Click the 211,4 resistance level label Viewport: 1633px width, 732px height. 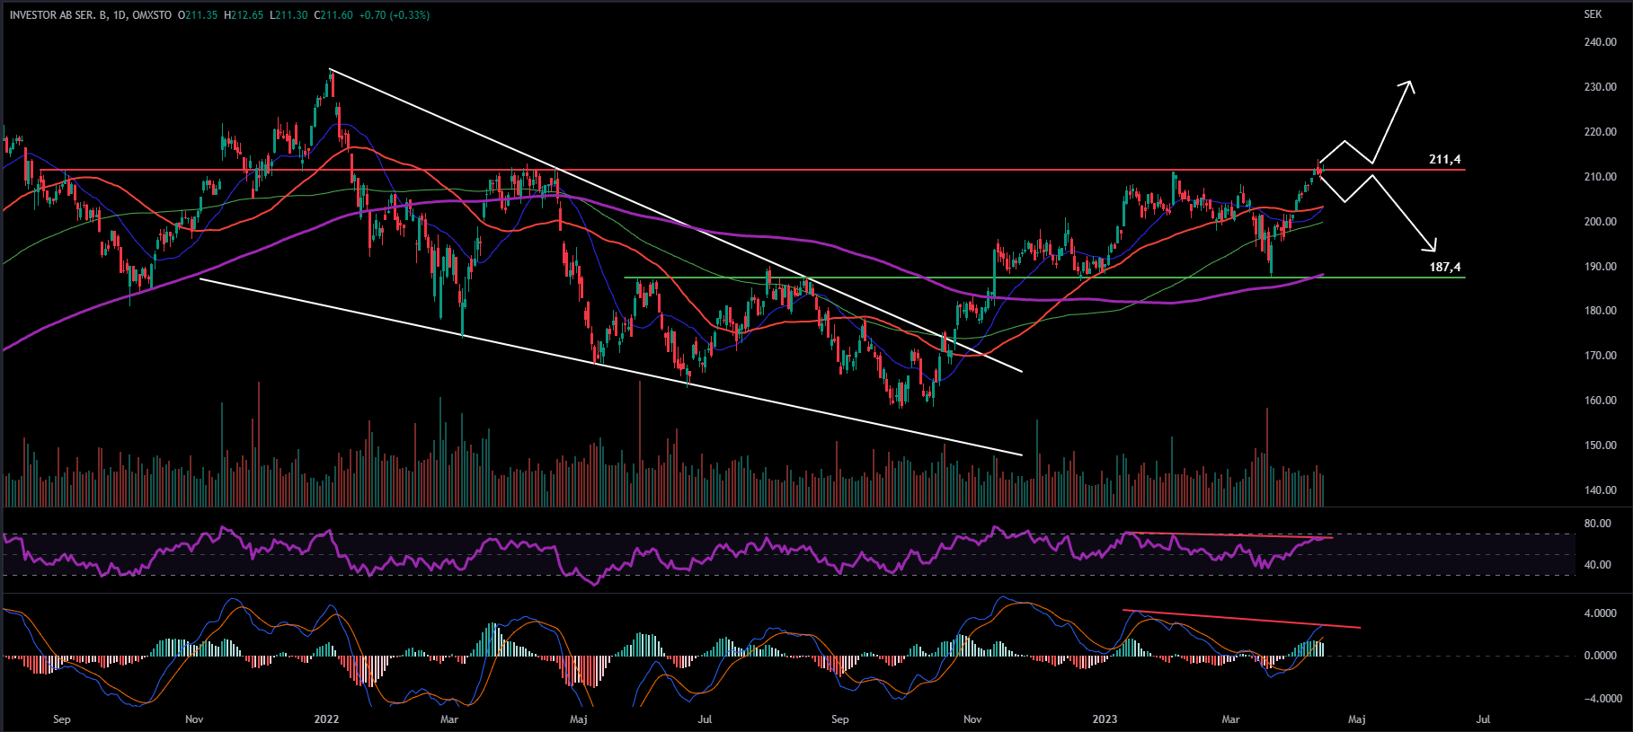[x=1444, y=160]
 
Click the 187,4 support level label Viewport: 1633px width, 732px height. [x=1444, y=268]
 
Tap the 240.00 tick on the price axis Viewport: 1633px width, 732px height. [x=1600, y=42]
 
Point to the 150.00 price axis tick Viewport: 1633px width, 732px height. [x=1600, y=445]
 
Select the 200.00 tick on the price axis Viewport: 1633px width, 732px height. [x=1600, y=222]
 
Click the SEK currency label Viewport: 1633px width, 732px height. [x=1593, y=14]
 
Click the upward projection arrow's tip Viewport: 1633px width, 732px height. [x=1410, y=84]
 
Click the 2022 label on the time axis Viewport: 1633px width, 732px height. [x=326, y=719]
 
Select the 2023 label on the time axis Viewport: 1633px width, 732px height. [x=1105, y=719]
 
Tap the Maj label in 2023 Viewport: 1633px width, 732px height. [x=1357, y=719]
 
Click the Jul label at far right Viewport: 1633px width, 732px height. [x=1484, y=719]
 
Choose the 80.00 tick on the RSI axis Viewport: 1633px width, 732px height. [x=1597, y=524]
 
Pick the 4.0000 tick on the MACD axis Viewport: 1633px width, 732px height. [x=1599, y=613]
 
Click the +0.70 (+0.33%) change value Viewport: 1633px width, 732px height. [x=395, y=15]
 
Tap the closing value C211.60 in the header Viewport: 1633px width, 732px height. [x=333, y=15]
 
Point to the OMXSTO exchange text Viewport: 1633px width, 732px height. [x=152, y=15]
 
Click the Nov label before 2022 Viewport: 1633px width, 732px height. [x=194, y=719]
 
